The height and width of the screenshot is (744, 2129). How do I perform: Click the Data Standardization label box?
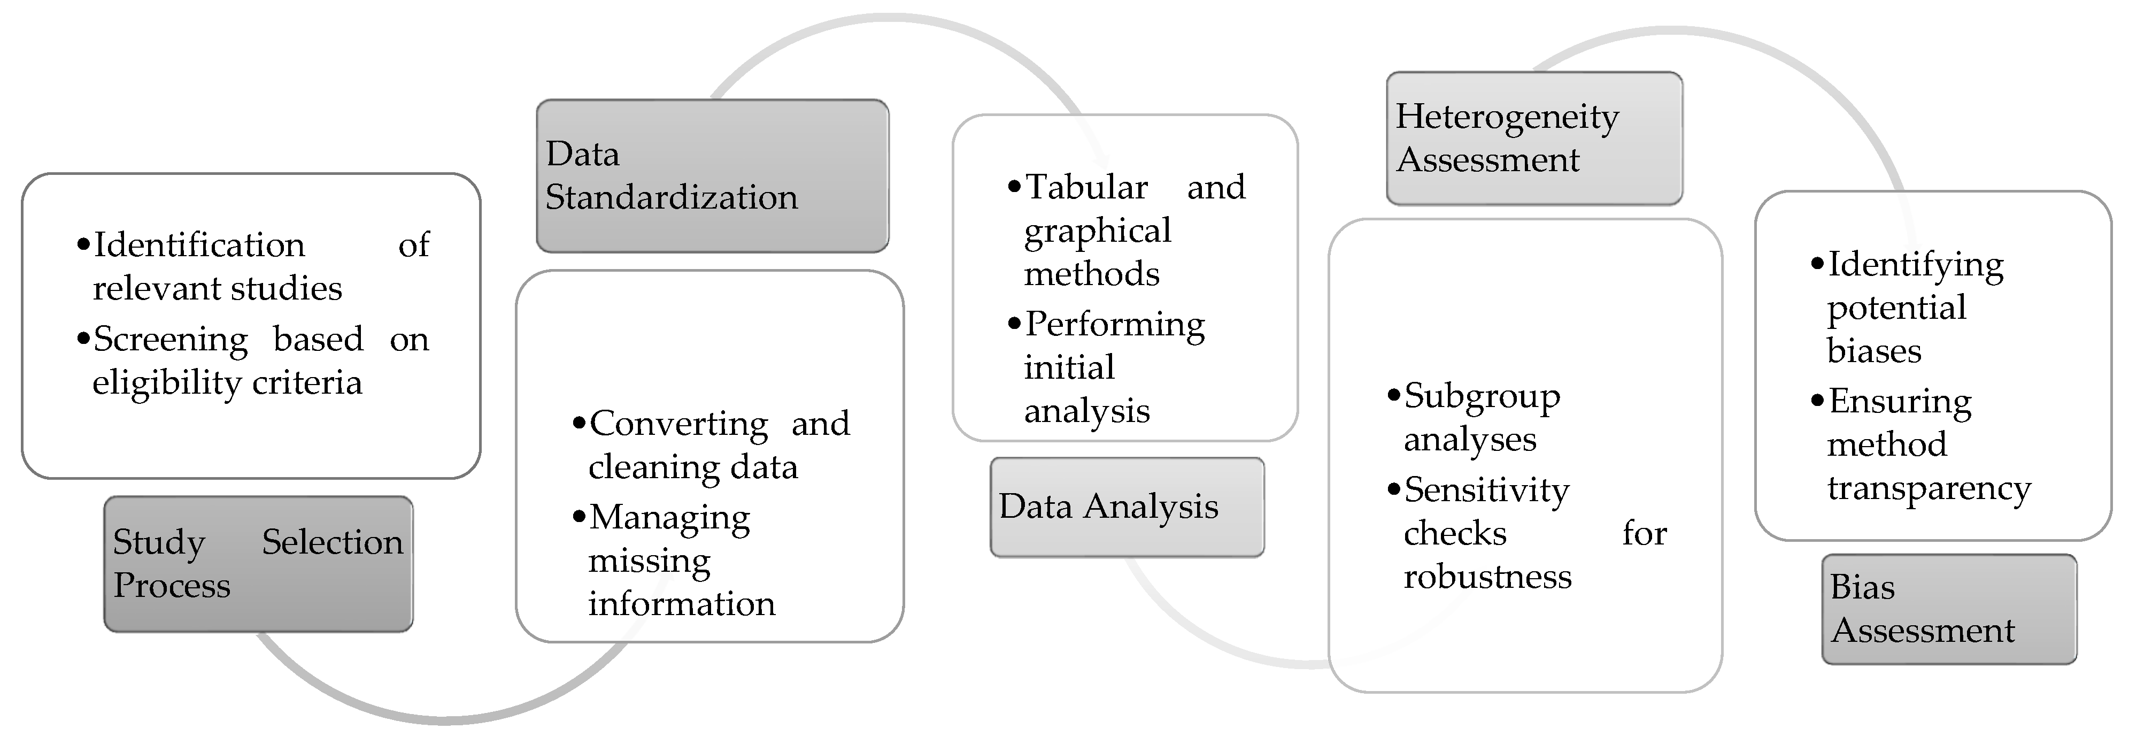coord(712,175)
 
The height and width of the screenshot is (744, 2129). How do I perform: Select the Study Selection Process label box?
coord(258,564)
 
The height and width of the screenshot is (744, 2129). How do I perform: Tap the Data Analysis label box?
coord(1127,507)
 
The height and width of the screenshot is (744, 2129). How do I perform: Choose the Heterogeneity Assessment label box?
coord(1534,138)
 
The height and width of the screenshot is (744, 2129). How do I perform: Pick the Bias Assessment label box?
coord(1949,609)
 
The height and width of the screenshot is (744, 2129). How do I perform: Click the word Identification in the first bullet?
coord(199,246)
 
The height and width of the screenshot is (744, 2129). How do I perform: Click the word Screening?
coord(170,340)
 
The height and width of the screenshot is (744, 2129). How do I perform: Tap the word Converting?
coord(678,424)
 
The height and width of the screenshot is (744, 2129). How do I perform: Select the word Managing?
coord(669,518)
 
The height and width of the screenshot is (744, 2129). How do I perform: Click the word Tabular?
coord(1086,188)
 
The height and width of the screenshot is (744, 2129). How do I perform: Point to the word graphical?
coord(1097,232)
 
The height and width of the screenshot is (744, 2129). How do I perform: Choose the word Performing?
coord(1115,325)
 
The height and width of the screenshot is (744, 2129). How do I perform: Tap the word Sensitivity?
coord(1486,490)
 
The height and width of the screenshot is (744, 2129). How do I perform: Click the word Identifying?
coord(1916,265)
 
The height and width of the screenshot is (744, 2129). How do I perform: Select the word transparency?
coord(1928,488)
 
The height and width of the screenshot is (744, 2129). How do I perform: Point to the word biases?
coord(1873,351)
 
